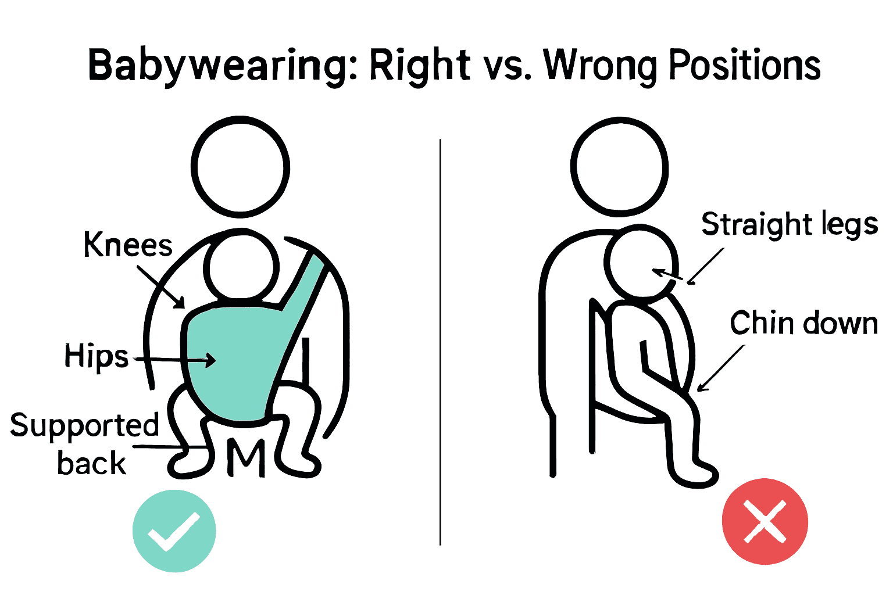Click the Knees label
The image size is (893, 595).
click(x=128, y=245)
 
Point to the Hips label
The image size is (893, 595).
click(x=96, y=356)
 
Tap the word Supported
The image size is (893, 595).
click(x=84, y=425)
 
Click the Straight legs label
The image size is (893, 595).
click(x=789, y=225)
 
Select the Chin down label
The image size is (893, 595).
click(x=803, y=323)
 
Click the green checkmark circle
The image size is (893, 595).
click(x=174, y=531)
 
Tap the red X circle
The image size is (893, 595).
click(x=765, y=521)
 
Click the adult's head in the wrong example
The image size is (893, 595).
click(x=619, y=164)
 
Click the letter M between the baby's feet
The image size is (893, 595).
click(x=245, y=457)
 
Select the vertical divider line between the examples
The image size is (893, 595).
click(x=440, y=343)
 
